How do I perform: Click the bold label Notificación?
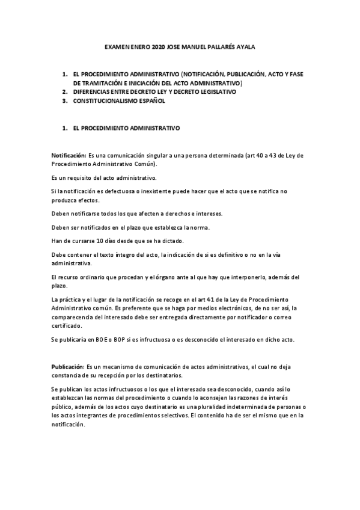[69, 155]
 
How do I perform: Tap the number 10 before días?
[95, 241]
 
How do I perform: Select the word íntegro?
[130, 255]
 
